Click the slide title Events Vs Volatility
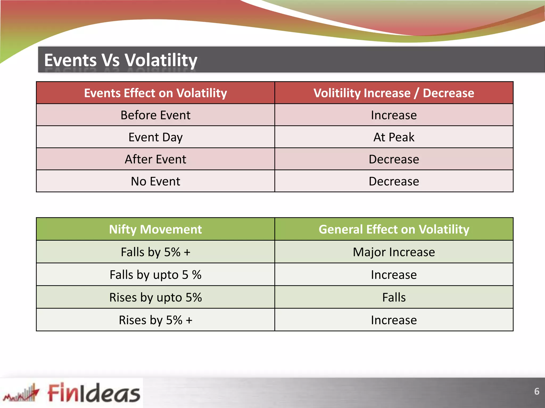pos(121,60)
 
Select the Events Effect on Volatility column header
pos(155,93)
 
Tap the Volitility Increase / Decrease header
pos(394,93)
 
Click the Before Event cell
pos(155,115)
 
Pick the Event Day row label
pos(155,137)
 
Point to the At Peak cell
pos(394,137)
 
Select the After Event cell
pos(155,159)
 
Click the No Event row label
pos(155,181)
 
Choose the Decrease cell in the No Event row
pos(394,181)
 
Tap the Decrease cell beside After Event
pos(394,159)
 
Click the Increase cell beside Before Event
pos(394,115)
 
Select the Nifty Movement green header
pos(155,229)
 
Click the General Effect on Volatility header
pos(394,229)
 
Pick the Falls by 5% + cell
pos(155,252)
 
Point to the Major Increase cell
pos(394,252)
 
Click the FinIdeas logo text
pos(94,393)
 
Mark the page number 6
pos(536,392)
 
